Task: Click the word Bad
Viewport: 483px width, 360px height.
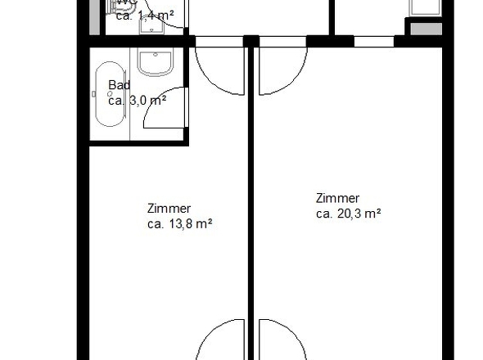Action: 120,85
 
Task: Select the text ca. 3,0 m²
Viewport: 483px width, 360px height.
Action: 138,100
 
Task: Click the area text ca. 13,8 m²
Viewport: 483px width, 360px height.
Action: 180,223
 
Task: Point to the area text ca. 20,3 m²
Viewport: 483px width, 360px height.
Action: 349,214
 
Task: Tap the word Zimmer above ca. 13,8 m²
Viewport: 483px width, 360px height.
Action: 169,209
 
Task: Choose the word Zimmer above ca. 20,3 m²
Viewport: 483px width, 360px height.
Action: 337,198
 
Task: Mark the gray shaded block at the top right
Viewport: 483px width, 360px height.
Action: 418,29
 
